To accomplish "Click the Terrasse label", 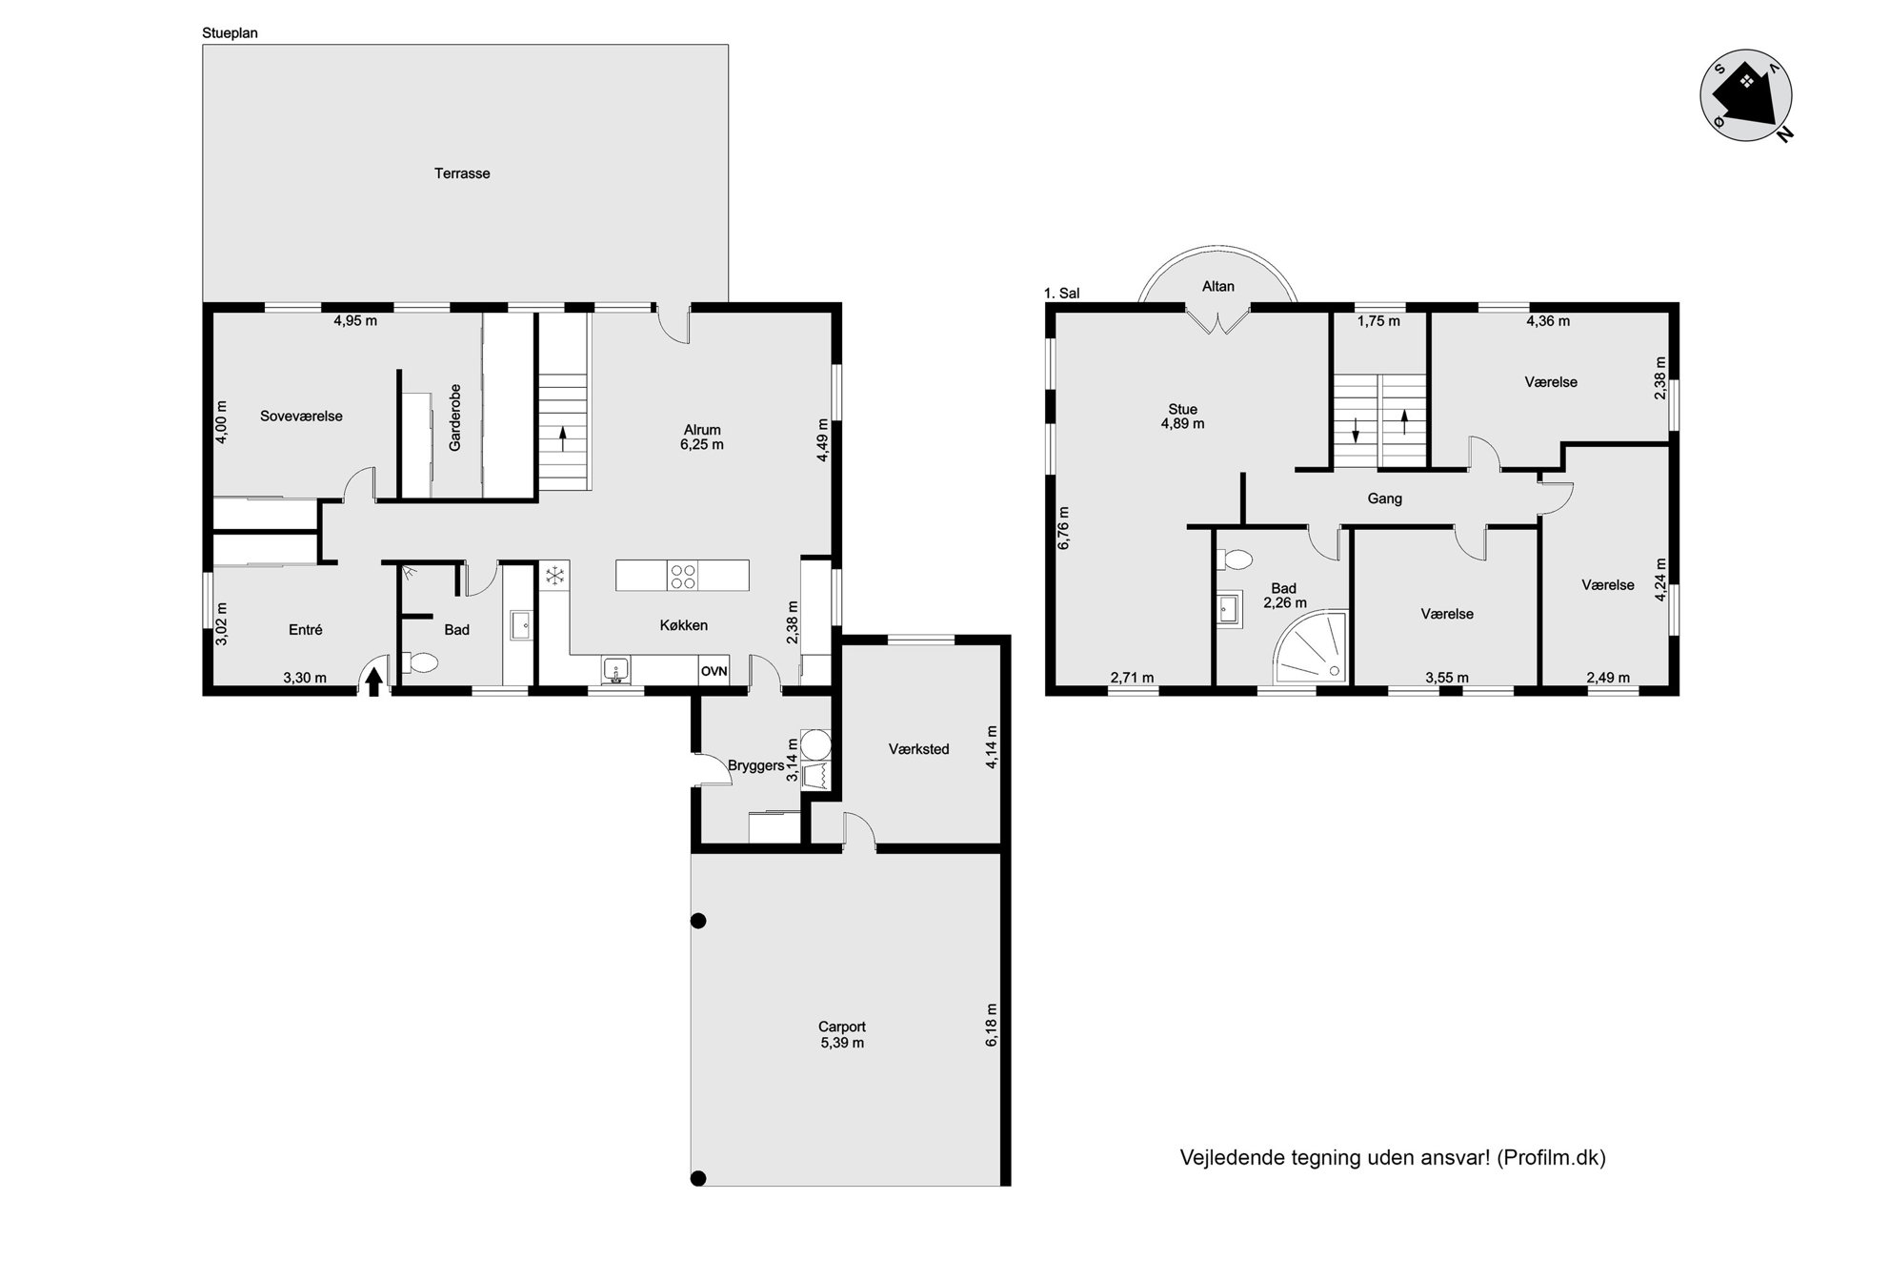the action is point(462,173).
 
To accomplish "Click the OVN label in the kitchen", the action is point(714,671).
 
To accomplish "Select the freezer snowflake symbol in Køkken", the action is point(554,575).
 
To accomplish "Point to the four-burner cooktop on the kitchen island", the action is point(683,576).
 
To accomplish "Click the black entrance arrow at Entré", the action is point(374,681).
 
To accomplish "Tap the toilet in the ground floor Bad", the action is point(419,661).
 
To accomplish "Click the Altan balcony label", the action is point(1218,286).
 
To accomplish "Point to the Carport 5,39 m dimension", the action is point(842,1043).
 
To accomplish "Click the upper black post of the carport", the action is point(698,921).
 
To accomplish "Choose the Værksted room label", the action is point(919,749).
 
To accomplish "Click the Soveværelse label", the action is point(301,417).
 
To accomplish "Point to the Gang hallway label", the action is point(1384,498).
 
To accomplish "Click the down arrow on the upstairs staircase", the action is point(1356,431).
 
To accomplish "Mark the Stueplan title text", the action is point(230,33).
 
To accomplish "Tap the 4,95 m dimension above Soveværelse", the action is point(355,321).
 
